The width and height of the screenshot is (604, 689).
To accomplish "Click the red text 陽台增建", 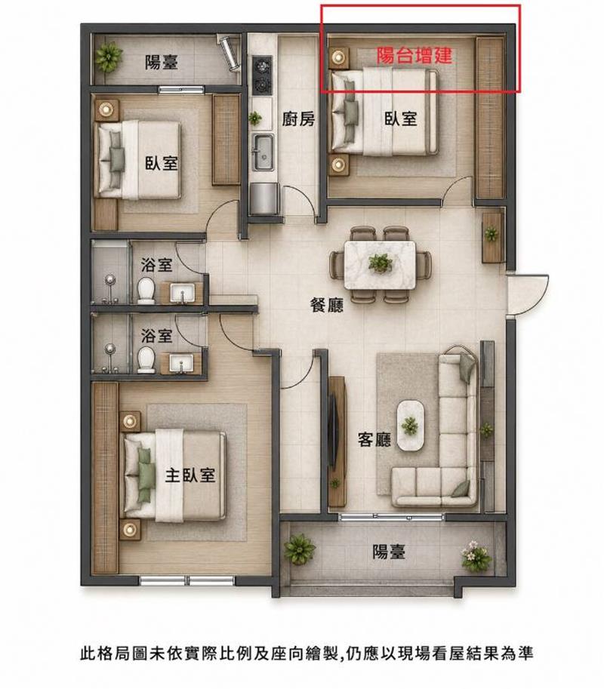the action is (414, 56).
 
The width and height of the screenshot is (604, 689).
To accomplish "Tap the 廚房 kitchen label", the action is (298, 118).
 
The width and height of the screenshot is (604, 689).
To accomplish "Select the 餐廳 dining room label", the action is (327, 305).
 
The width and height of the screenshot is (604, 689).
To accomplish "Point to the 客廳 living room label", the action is (374, 439).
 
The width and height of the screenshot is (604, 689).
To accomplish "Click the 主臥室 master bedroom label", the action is (190, 475).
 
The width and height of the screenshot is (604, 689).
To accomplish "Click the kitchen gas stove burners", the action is (263, 74).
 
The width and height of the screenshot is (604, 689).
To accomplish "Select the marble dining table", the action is (381, 265).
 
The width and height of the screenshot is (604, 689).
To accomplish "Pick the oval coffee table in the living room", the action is (411, 424).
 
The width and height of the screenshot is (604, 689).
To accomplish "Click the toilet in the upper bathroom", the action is (146, 291).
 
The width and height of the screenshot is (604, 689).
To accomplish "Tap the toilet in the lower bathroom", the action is (146, 360).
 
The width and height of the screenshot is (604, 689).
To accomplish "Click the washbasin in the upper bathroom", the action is (182, 293).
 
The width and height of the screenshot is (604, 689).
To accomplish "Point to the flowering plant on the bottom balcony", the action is (475, 556).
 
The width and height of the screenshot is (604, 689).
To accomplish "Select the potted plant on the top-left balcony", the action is (108, 57).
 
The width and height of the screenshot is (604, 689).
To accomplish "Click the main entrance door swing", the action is (528, 295).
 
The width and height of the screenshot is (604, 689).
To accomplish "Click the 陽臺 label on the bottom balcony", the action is (389, 552).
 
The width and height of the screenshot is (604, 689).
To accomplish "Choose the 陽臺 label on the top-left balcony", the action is (162, 63).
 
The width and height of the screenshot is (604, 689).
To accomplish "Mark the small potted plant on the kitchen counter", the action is (255, 118).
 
